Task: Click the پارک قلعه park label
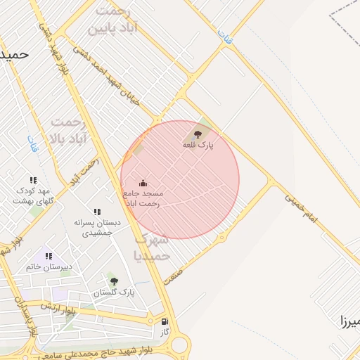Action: (x=198, y=145)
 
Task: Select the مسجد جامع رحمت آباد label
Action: (x=143, y=198)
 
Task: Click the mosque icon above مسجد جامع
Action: (x=143, y=183)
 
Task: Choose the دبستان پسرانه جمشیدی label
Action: (x=97, y=227)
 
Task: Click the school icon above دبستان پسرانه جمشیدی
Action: (x=97, y=212)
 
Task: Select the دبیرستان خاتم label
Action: (x=49, y=267)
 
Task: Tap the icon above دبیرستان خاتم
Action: (x=49, y=256)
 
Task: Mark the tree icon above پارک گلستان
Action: (x=114, y=281)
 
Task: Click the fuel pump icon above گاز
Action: (x=165, y=321)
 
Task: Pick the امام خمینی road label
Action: (x=302, y=210)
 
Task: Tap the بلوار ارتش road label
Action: (x=57, y=307)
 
